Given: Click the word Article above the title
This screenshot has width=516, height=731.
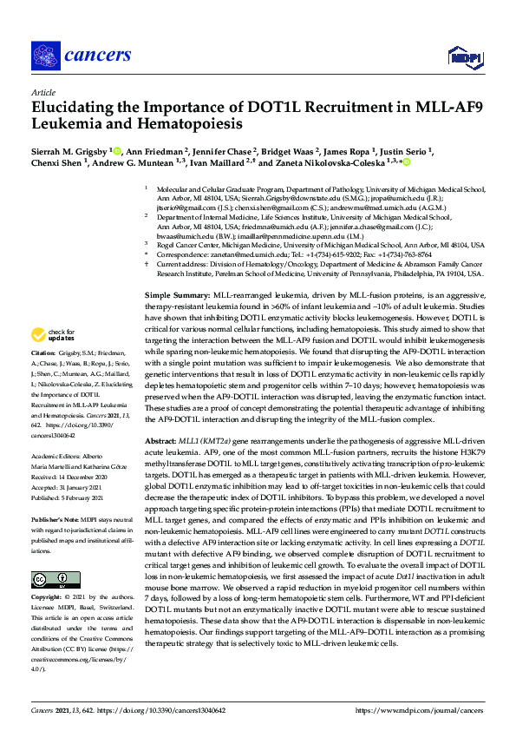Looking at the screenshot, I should coord(42,91).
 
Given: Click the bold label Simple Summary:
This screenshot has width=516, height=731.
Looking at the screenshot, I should coord(176,297).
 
